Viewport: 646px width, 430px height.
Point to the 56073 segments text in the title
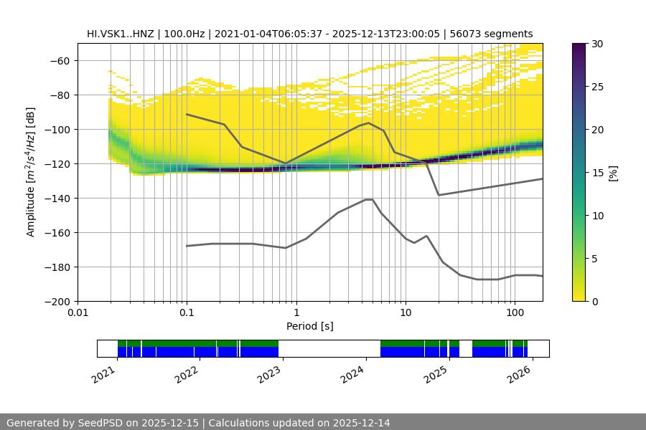pos(491,34)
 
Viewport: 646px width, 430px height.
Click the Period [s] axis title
pos(309,326)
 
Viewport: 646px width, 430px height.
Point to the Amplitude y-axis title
pos(31,172)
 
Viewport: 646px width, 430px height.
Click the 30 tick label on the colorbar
pos(597,44)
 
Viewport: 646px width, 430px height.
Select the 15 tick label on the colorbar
pos(597,173)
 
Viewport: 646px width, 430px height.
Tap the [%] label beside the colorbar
pos(614,172)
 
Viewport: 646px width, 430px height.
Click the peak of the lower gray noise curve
pos(369,199)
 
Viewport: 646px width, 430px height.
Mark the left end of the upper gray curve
pos(187,114)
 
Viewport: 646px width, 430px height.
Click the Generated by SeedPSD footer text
pos(198,423)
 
